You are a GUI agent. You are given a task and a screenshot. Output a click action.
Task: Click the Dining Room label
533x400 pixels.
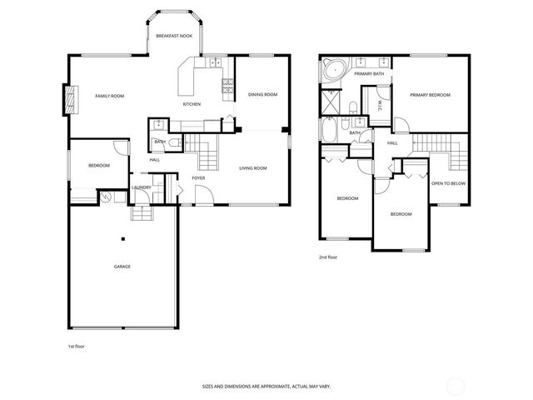click(x=263, y=95)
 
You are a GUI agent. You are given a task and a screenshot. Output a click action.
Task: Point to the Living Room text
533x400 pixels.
click(x=253, y=169)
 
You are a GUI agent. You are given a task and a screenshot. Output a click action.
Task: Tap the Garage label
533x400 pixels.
click(x=122, y=267)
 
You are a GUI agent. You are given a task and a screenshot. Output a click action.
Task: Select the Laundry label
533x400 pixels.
click(x=142, y=187)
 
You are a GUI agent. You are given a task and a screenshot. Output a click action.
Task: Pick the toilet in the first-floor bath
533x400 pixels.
click(x=172, y=142)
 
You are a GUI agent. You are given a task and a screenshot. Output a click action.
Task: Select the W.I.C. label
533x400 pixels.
click(x=380, y=105)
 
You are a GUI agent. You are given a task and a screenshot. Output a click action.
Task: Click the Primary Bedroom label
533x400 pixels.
click(x=430, y=96)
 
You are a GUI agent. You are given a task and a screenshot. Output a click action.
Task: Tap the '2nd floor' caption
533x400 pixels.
click(x=328, y=258)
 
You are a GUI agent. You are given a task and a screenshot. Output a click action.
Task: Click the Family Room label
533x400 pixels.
click(x=109, y=97)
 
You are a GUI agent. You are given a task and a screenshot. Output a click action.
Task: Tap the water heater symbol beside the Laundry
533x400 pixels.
click(x=106, y=197)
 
